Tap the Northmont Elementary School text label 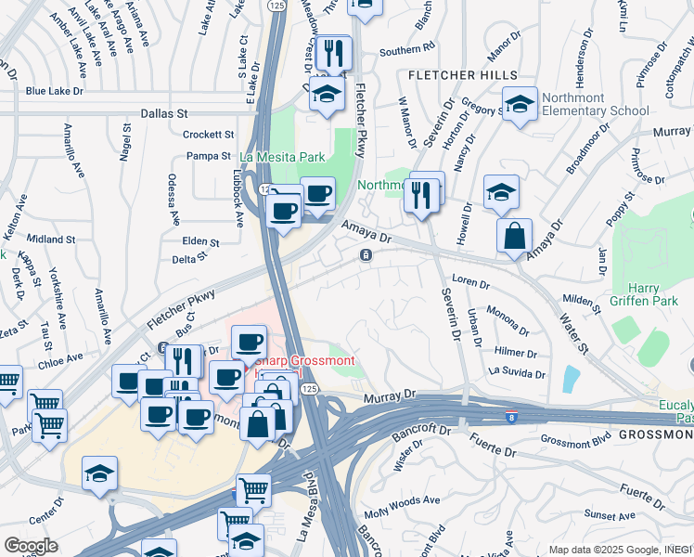tap(594, 104)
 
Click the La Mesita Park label tap(282, 157)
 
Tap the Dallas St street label tap(164, 112)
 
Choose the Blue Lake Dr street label tap(55, 91)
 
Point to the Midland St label tap(51, 240)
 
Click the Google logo tap(31, 545)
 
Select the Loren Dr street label tap(469, 281)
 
